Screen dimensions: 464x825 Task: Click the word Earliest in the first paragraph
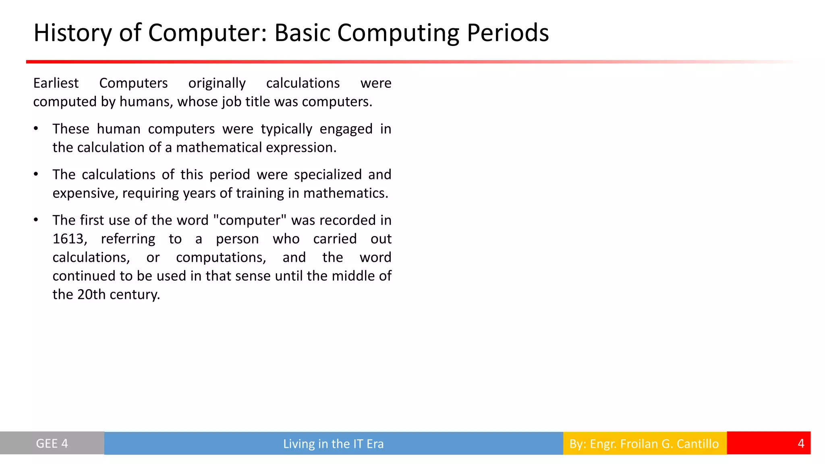pyautogui.click(x=56, y=83)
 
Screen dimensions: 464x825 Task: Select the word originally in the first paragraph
pyautogui.click(x=217, y=83)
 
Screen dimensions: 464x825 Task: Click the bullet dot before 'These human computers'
pyautogui.click(x=36, y=129)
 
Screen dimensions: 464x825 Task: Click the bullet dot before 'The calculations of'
pyautogui.click(x=36, y=174)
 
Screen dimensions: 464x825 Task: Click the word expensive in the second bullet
pyautogui.click(x=85, y=193)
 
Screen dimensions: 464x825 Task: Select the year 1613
pyautogui.click(x=69, y=239)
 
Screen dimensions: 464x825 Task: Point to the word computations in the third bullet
pyautogui.click(x=221, y=257)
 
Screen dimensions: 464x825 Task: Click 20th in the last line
pyautogui.click(x=91, y=294)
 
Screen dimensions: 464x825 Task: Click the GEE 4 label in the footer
pyautogui.click(x=52, y=443)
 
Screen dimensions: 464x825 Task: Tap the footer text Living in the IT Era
pyautogui.click(x=333, y=444)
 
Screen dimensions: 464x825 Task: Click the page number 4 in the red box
pyautogui.click(x=801, y=443)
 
